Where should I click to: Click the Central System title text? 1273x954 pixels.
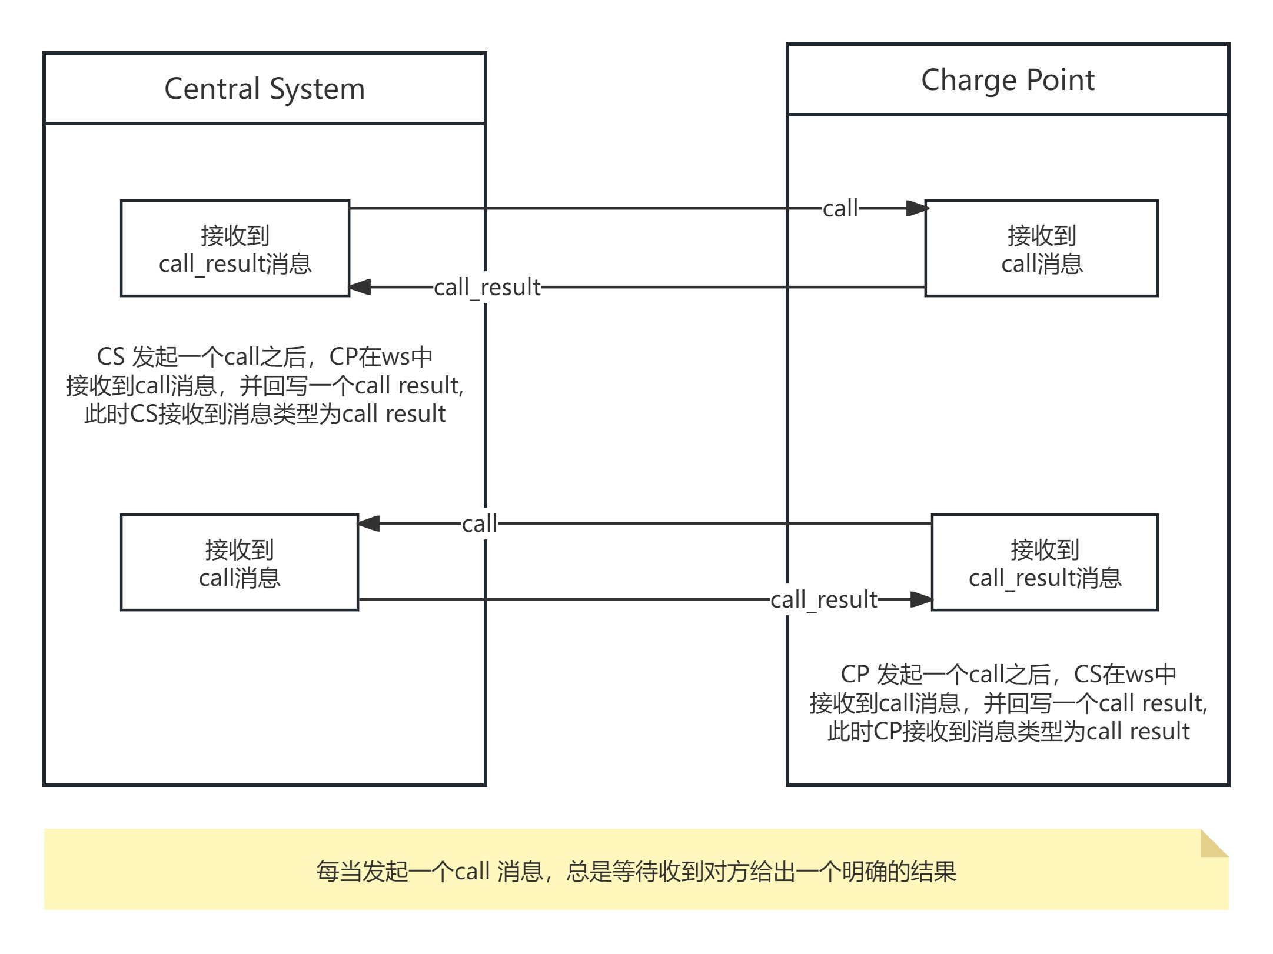tap(264, 89)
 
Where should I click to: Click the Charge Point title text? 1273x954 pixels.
tap(1007, 80)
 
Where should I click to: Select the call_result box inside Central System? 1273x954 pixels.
tap(235, 249)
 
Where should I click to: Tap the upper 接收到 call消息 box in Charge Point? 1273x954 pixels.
tap(1041, 249)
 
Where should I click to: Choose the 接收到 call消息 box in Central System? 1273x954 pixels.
tap(239, 563)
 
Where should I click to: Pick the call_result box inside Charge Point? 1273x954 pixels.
tap(1045, 563)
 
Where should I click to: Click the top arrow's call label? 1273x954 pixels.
tap(840, 209)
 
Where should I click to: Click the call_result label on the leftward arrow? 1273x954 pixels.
tap(487, 288)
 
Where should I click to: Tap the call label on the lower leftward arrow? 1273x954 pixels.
tap(479, 523)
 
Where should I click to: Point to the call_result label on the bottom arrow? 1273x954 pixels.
tap(823, 600)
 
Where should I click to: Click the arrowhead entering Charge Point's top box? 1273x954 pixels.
tap(917, 209)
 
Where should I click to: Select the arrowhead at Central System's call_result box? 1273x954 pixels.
tap(360, 288)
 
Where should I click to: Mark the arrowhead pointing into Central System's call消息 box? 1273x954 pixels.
tap(369, 523)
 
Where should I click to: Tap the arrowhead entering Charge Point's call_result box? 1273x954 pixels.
tap(921, 600)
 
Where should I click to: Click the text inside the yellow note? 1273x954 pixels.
tap(636, 872)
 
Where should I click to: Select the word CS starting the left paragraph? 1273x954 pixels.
tap(111, 357)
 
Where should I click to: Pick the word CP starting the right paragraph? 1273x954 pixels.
tap(855, 675)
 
